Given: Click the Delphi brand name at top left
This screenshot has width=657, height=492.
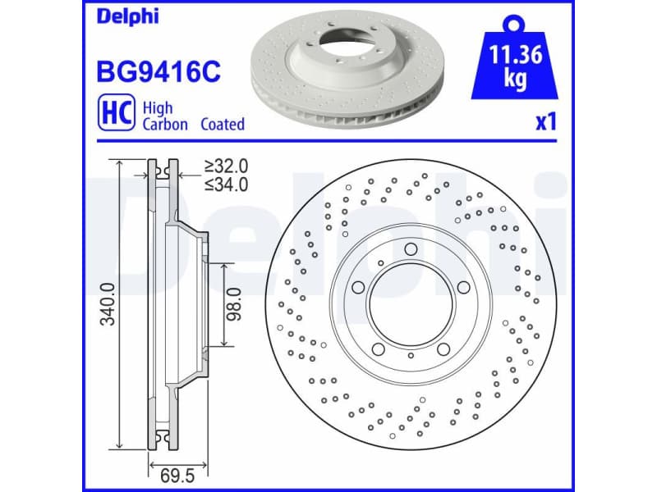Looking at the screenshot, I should click(x=127, y=16).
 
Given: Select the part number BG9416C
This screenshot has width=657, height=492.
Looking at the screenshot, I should click(x=159, y=72).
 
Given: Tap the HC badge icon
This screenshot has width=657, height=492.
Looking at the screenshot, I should click(x=115, y=116).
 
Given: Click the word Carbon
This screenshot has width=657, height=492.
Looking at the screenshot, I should click(x=165, y=125).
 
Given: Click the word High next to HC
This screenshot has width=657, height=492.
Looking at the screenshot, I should click(x=158, y=107).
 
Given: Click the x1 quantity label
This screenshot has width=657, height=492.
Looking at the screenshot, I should click(x=545, y=123).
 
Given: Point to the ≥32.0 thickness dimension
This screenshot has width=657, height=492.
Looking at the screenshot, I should click(x=226, y=167).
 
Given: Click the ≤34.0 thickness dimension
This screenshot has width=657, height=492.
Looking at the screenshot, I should click(x=226, y=184).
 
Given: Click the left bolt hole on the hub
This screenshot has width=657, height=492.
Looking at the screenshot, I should click(x=359, y=288).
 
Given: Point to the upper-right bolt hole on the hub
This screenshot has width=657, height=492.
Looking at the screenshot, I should click(x=463, y=287).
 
